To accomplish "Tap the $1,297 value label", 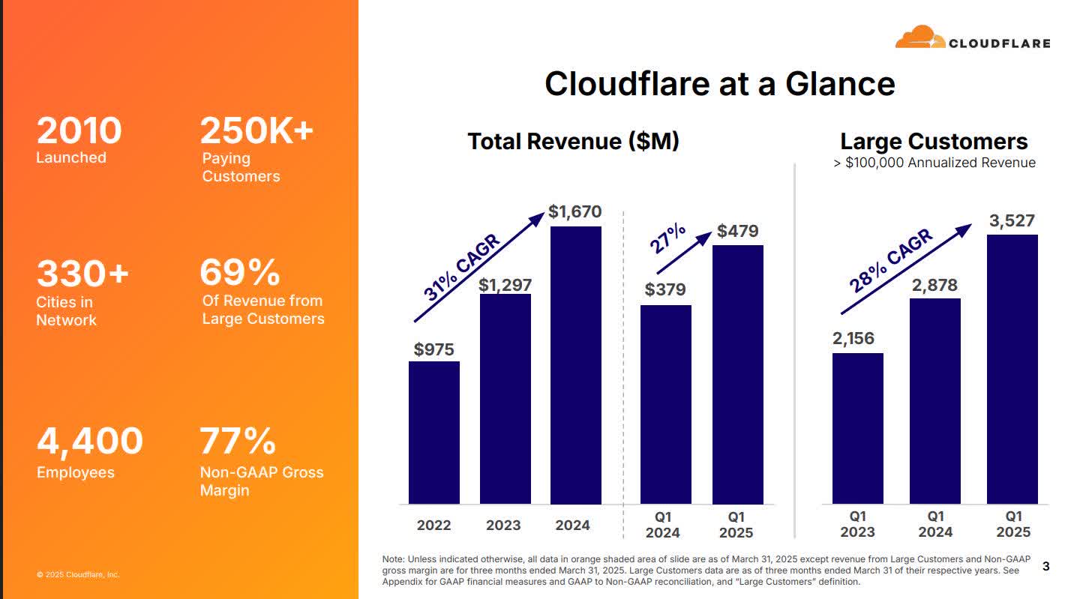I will pos(505,285).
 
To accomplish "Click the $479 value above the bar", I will pos(737,231).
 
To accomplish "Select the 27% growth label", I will pos(667,238).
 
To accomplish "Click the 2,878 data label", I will pos(935,285).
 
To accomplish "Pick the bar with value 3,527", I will pos(1012,369).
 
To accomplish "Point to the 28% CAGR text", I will pos(891,261).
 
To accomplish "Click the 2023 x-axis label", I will pos(503,526).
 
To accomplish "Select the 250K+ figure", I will pos(256,131).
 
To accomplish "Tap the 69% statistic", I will pos(239,272).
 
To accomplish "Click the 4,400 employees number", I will pos(89,441).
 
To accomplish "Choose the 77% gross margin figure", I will pos(237,441).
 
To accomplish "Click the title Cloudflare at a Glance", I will pos(719,83).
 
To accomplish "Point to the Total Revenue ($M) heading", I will pos(573,141).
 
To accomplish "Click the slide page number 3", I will pos(1045,568).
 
